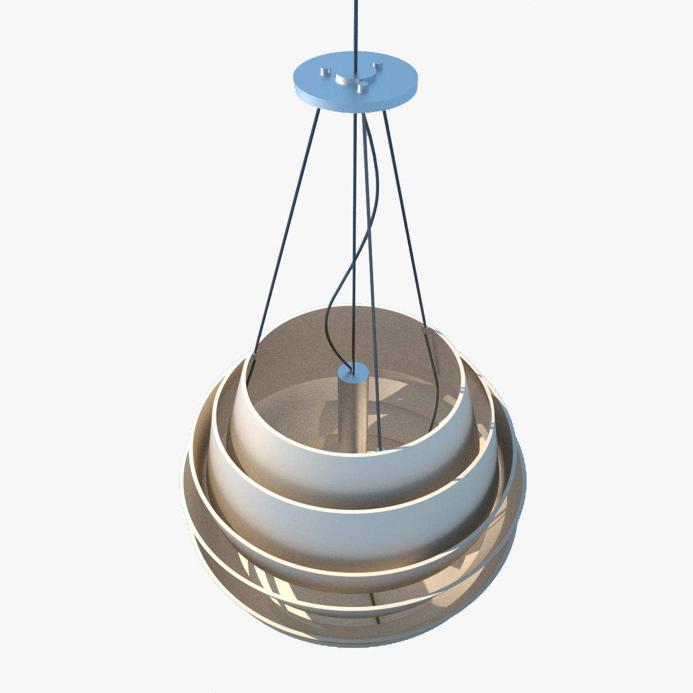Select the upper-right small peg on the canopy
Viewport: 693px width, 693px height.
(378, 65)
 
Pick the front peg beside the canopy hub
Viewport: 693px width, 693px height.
(362, 87)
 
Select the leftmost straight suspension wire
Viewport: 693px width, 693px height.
(286, 231)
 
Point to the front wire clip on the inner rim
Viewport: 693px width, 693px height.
(378, 448)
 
